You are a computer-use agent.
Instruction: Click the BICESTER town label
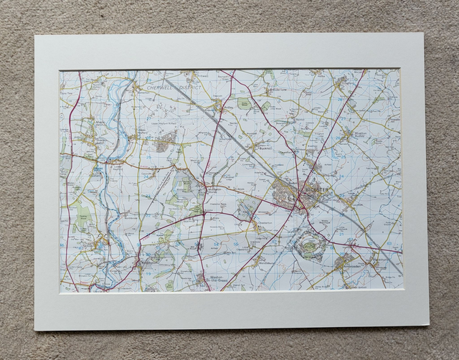[x=316, y=189]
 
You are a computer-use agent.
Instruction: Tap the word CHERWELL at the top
[x=161, y=87]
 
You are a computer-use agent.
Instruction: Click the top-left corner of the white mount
[x=36, y=35]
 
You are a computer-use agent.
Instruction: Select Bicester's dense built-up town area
[x=287, y=194]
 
